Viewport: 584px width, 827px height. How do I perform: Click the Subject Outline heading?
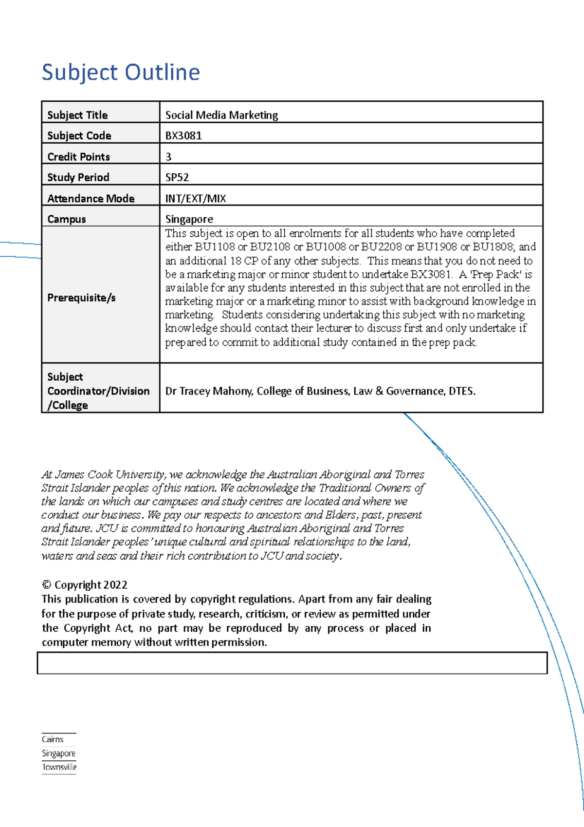click(x=121, y=72)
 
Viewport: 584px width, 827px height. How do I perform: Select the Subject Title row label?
click(x=77, y=115)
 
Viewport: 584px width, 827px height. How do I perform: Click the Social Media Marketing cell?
click(x=221, y=115)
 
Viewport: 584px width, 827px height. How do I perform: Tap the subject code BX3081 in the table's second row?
click(x=183, y=136)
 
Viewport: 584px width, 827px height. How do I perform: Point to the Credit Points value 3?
click(x=168, y=157)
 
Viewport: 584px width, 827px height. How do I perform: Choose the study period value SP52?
click(x=177, y=177)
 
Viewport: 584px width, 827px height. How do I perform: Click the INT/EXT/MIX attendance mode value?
click(x=196, y=198)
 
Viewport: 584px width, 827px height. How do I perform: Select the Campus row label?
click(x=67, y=219)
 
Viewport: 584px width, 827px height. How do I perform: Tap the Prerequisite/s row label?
click(x=81, y=298)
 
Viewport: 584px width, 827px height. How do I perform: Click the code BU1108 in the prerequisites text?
click(x=215, y=247)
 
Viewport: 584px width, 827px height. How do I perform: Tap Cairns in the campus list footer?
click(x=53, y=739)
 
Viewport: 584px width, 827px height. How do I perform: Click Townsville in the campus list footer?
click(x=59, y=767)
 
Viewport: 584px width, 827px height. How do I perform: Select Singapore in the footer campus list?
click(x=58, y=753)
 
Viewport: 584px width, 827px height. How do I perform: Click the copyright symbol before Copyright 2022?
click(x=47, y=585)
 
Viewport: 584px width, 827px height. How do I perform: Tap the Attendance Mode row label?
click(x=91, y=198)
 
